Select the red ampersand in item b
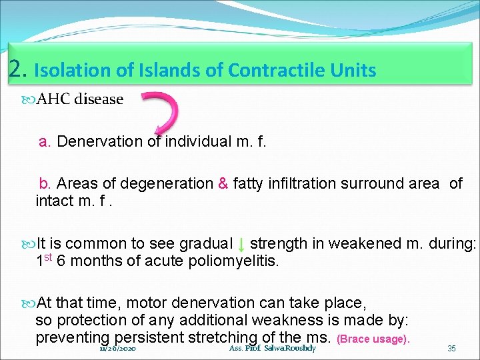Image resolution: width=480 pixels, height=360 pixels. point(223,183)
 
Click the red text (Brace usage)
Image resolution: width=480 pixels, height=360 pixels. point(373,339)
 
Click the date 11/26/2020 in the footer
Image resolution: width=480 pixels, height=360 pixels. point(118,349)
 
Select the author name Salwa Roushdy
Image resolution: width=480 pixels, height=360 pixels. point(290,349)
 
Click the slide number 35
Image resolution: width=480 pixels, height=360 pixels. point(451,349)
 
